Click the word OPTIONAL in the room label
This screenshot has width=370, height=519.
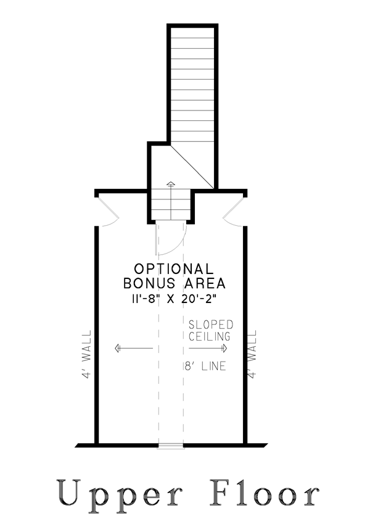pos(174,269)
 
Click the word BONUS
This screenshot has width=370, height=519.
pos(149,283)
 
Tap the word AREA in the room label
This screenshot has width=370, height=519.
pos(205,283)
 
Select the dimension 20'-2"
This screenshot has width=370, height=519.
pos(199,299)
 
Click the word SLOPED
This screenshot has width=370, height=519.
pos(211,325)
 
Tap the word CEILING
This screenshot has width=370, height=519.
pos(210,336)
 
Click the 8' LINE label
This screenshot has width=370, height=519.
pos(205,366)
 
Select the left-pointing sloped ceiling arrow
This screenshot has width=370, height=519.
pos(134,348)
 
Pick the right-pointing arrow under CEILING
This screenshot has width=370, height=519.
pos(208,348)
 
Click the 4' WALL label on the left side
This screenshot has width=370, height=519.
pos(86,354)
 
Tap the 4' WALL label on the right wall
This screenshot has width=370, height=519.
pos(252,354)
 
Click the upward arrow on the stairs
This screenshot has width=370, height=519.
pos(171,201)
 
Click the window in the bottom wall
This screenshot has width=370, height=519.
pos(171,446)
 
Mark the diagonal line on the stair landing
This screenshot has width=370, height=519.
pos(192,167)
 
